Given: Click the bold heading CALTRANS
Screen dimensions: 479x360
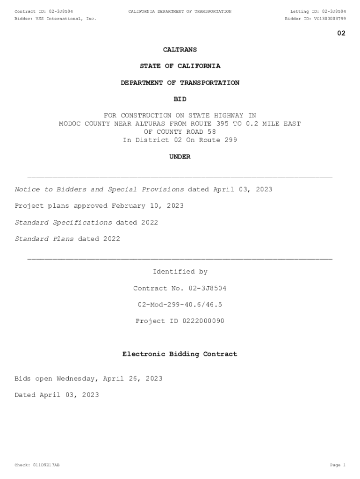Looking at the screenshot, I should click(x=180, y=50).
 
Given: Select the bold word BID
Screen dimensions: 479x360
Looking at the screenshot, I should click(x=180, y=99).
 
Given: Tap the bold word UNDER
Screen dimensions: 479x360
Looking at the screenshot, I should click(x=180, y=157).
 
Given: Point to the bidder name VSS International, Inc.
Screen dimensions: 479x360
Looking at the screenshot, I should click(x=66, y=19).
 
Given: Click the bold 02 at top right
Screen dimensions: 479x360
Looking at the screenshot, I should click(x=341, y=33).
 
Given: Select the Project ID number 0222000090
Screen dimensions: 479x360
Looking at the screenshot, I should click(x=197, y=321).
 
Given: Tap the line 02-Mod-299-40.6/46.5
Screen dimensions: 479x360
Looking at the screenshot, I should click(x=180, y=305).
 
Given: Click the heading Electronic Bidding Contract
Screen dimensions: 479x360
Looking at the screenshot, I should click(x=180, y=354).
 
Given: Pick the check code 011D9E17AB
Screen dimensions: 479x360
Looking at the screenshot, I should click(x=46, y=465).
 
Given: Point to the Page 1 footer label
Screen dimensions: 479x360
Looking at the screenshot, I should click(x=338, y=465).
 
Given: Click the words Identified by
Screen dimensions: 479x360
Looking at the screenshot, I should click(x=180, y=272).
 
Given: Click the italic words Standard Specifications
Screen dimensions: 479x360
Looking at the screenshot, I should click(x=64, y=222).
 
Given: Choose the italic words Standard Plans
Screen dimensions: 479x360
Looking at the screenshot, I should click(x=44, y=239).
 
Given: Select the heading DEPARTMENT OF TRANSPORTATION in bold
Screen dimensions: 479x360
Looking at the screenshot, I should click(x=180, y=83).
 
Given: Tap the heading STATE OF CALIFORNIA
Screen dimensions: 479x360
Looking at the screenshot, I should click(x=180, y=66).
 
